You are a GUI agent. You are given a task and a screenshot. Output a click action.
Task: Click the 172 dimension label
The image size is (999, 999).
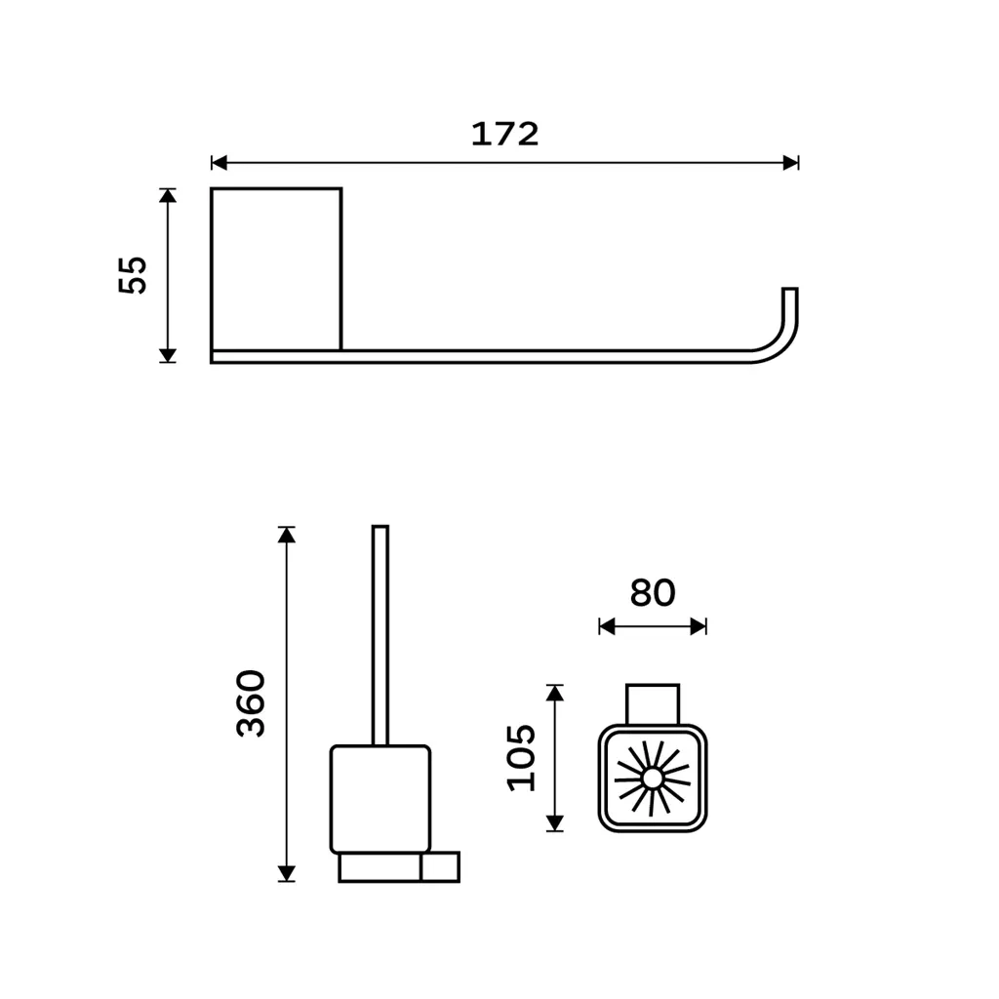click(504, 134)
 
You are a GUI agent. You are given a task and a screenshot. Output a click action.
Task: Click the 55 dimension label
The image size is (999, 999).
click(133, 275)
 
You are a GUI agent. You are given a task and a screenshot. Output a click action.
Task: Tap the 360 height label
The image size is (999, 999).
click(251, 704)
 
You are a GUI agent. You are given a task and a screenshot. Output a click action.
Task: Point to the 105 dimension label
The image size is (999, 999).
click(521, 758)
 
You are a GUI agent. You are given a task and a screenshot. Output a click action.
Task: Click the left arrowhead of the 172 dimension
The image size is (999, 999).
click(219, 163)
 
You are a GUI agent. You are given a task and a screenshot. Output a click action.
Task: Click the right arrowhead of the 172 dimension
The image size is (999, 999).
click(790, 163)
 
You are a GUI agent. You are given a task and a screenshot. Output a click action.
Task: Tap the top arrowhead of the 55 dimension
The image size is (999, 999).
click(168, 195)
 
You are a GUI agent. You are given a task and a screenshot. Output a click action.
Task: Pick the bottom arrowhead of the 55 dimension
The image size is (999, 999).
click(168, 355)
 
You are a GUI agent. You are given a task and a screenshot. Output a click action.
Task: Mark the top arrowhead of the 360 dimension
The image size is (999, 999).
click(287, 535)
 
